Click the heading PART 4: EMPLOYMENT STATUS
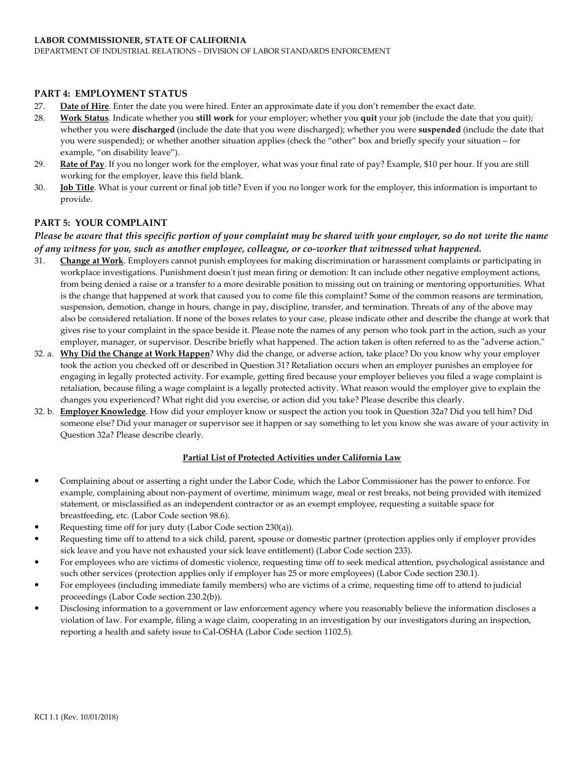(x=111, y=94)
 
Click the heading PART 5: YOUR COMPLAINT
(x=101, y=223)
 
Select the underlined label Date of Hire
(x=84, y=106)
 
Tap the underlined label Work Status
(x=84, y=118)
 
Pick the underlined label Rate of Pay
(x=82, y=164)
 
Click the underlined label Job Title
(x=77, y=188)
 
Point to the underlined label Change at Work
(x=92, y=260)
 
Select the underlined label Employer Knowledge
(x=103, y=411)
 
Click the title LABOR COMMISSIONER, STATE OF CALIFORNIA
(x=140, y=40)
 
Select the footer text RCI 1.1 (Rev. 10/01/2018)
(x=76, y=717)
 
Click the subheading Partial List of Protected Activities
(x=292, y=458)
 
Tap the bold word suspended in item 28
(x=440, y=130)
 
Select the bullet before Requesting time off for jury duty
(x=38, y=527)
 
